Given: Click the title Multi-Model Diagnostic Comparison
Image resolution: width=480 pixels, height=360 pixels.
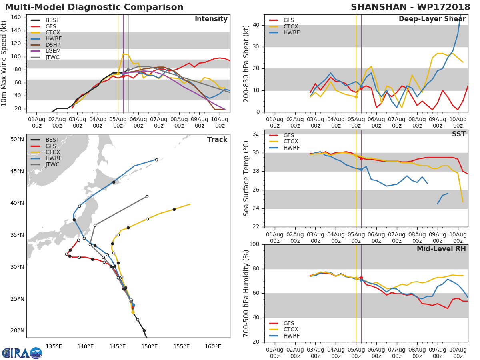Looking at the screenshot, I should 94,7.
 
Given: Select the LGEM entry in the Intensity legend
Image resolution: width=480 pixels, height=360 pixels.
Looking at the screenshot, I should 53,51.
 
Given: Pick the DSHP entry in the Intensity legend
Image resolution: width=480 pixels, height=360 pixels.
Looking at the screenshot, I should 53,45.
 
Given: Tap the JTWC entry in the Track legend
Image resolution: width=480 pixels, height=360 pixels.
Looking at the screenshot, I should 53,164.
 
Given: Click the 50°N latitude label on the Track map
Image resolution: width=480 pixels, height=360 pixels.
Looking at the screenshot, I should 17,139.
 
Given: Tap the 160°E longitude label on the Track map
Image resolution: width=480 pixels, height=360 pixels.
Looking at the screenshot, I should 213,346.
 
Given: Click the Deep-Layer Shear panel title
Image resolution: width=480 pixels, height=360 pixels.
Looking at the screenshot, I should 432,19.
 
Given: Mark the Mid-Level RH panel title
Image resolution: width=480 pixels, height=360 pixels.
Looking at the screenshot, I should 441,249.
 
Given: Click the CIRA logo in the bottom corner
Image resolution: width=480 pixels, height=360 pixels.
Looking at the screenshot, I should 22,352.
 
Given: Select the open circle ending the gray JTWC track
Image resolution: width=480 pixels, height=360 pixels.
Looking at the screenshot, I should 147,196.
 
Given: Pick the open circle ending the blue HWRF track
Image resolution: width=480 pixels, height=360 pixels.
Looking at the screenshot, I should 156,160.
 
